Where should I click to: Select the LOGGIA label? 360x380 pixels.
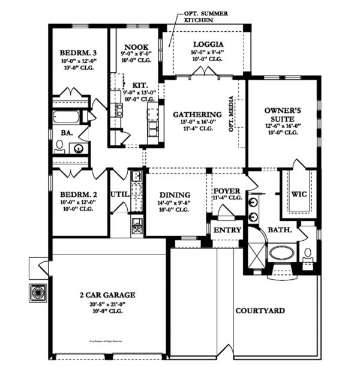(x=208, y=44)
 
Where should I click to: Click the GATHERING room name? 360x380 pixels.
(x=197, y=115)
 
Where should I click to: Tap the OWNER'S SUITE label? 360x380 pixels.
(x=282, y=115)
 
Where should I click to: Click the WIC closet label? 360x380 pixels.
(x=299, y=195)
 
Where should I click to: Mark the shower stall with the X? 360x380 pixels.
(x=257, y=250)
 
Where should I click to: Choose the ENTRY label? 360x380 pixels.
(x=227, y=231)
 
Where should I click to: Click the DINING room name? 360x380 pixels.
(x=175, y=195)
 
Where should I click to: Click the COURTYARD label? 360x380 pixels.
(x=260, y=310)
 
